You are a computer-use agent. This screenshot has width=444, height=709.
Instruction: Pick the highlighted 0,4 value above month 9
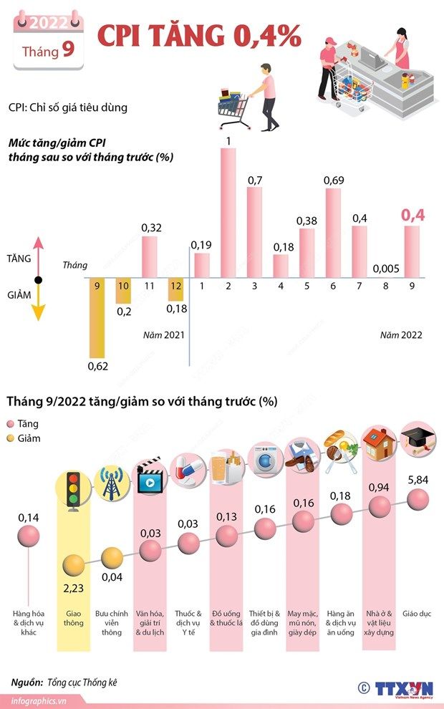click(412, 215)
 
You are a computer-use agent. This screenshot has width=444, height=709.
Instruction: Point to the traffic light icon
click(73, 489)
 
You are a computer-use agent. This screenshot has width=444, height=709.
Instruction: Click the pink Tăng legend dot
click(11, 424)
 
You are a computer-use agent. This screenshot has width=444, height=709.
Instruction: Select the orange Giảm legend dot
click(11, 438)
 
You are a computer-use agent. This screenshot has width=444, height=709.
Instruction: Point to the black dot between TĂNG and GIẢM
click(39, 279)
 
